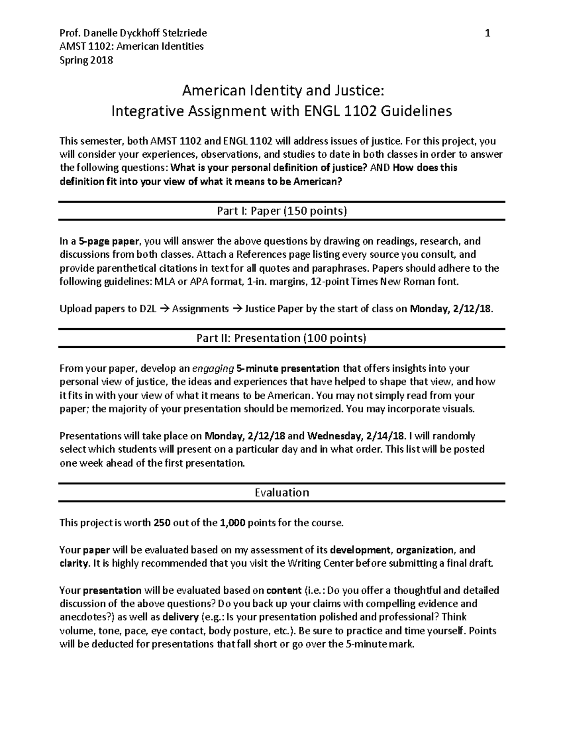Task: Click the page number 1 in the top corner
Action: point(488,33)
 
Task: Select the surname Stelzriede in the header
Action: point(184,33)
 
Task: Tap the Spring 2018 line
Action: point(86,60)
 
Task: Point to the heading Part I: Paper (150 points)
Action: point(281,211)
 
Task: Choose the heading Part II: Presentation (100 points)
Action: point(281,338)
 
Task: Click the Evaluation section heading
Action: point(281,492)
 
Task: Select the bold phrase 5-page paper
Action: point(109,241)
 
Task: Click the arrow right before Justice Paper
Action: point(238,309)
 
